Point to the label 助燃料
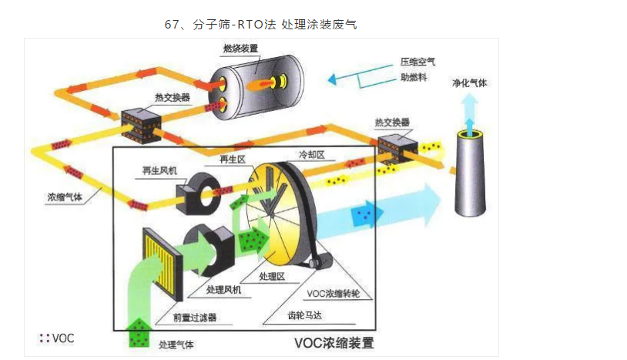(x=414, y=78)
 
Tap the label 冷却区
(x=311, y=154)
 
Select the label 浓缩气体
(x=64, y=197)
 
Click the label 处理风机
(x=224, y=289)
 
